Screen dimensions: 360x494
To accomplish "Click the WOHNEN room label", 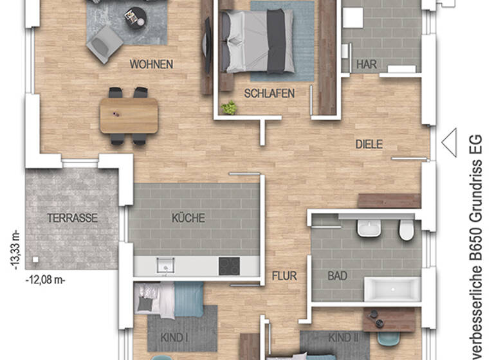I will [x=151, y=64].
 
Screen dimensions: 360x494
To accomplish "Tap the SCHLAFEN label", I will [x=270, y=93].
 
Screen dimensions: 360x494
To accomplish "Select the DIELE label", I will [x=369, y=145].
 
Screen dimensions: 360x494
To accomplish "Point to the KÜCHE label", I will [x=188, y=218].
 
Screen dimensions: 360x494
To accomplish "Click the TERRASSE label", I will [x=72, y=218].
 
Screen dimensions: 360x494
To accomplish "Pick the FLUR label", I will [x=284, y=276].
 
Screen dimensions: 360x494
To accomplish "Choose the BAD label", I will [x=337, y=276].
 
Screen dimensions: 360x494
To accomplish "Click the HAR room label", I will [x=366, y=64].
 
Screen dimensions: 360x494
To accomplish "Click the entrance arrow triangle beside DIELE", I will [x=449, y=141].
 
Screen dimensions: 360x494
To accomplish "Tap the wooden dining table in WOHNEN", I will [x=129, y=116].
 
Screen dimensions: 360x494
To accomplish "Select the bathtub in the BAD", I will [x=392, y=289].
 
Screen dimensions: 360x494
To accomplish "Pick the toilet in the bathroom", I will [x=406, y=230].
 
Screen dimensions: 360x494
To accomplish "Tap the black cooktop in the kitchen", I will [x=229, y=265].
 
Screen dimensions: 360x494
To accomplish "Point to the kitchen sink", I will [x=165, y=264].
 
